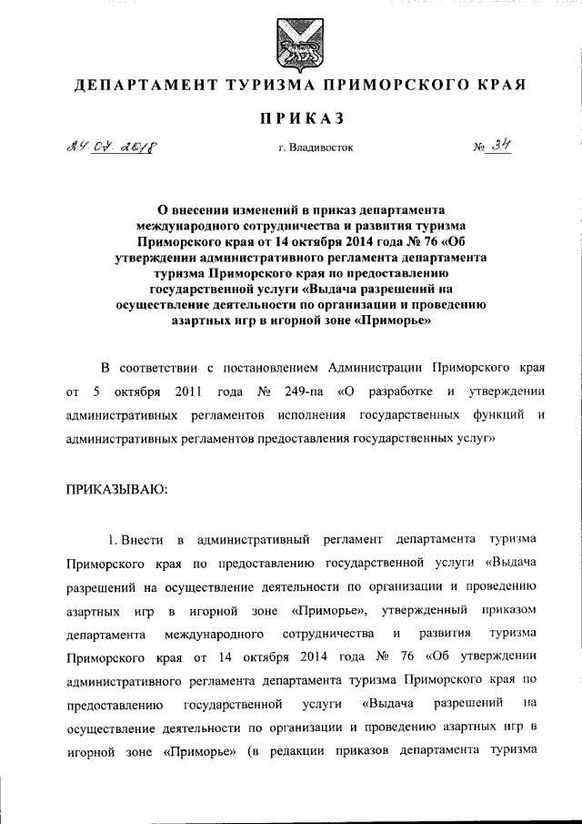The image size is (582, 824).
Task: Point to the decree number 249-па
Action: click(305, 392)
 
